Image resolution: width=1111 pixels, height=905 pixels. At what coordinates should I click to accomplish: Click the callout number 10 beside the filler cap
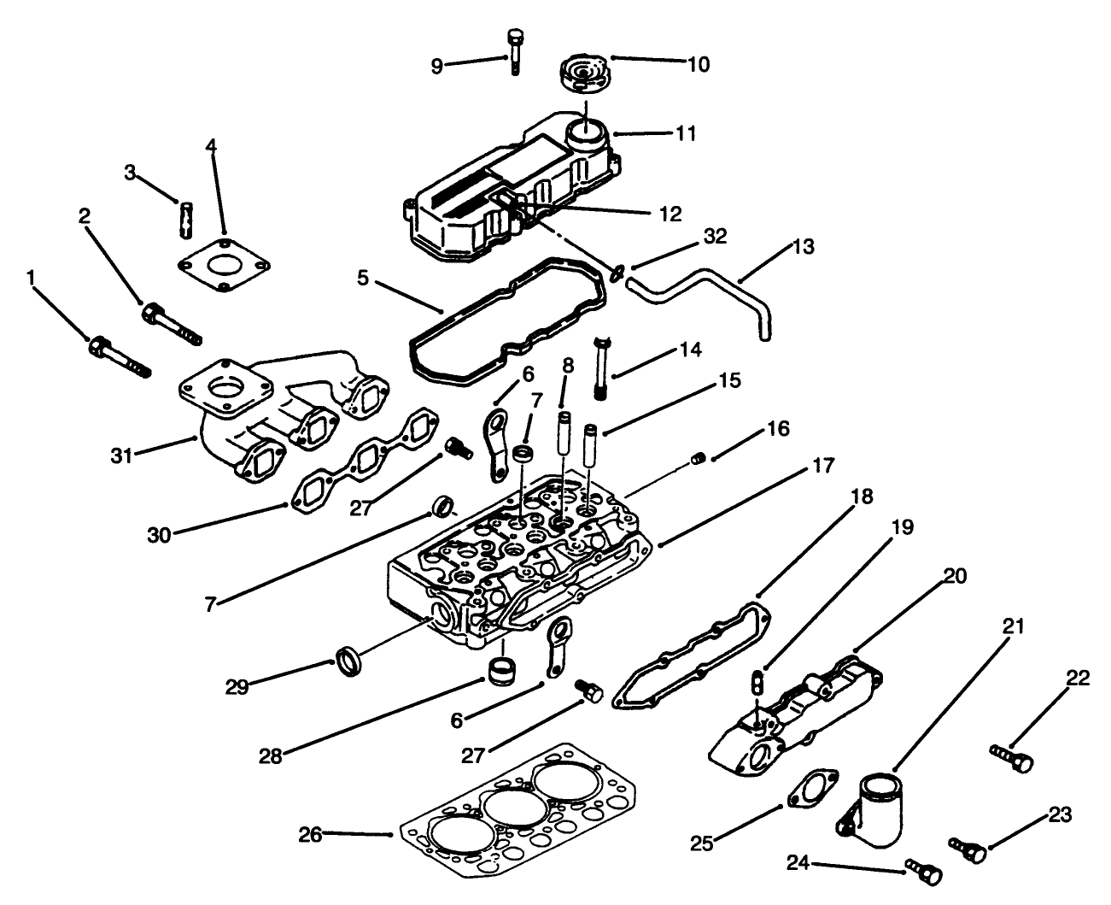pyautogui.click(x=698, y=64)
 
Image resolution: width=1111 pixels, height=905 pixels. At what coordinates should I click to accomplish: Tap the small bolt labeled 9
pyautogui.click(x=514, y=51)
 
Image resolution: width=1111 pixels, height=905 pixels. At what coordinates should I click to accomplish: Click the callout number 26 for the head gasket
pyautogui.click(x=310, y=835)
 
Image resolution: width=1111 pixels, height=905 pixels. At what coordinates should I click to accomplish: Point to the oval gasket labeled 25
pyautogui.click(x=810, y=789)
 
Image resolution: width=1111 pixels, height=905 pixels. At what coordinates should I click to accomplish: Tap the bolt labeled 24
pyautogui.click(x=919, y=870)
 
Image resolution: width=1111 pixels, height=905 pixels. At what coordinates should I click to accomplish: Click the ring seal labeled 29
pyautogui.click(x=348, y=662)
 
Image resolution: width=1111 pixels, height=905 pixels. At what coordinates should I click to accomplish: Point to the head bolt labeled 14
pyautogui.click(x=603, y=367)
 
